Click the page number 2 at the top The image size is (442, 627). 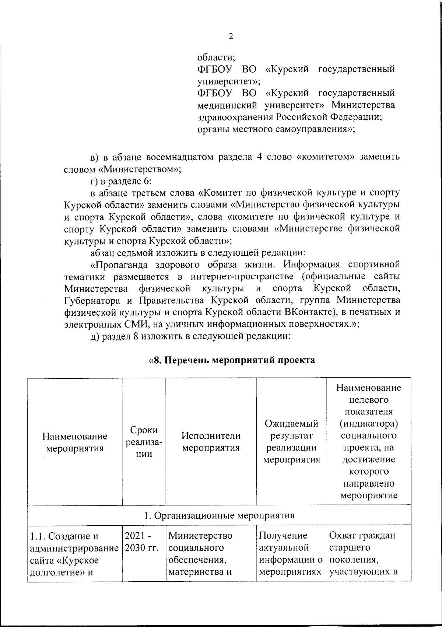coord(231,36)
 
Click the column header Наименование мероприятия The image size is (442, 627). coord(75,442)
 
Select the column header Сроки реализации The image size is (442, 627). coord(144,442)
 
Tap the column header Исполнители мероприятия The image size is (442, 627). coord(211,442)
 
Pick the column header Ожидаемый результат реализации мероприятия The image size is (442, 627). coord(291,442)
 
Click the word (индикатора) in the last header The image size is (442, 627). coord(369,424)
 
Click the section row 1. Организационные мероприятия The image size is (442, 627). coord(219,515)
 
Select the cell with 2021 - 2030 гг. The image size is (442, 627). coord(144,542)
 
